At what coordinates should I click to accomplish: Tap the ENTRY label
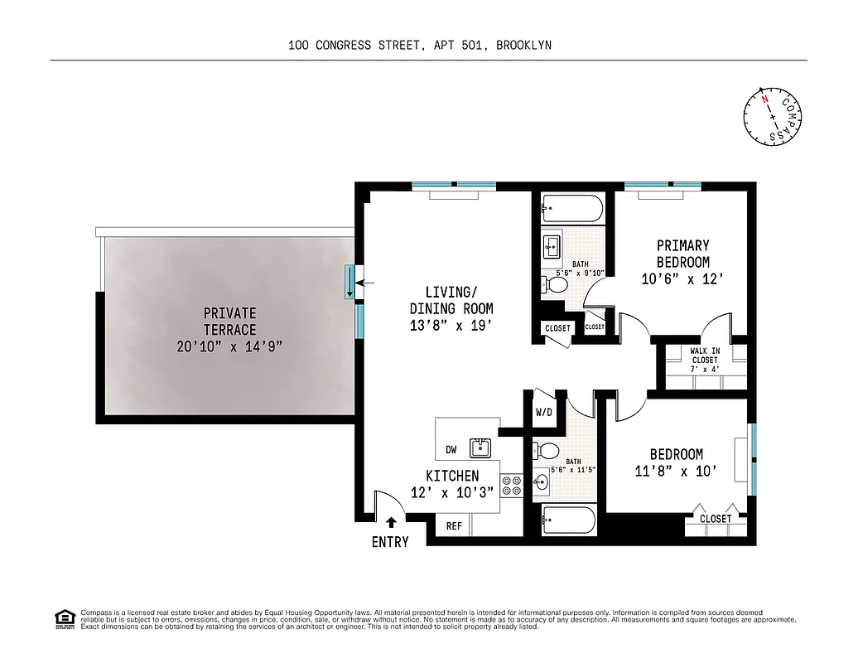(390, 542)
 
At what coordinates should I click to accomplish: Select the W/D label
(544, 412)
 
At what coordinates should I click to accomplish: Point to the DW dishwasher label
(451, 450)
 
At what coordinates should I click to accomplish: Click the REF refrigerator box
(454, 525)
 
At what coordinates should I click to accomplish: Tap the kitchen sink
(480, 448)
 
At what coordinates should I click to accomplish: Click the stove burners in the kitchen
(511, 485)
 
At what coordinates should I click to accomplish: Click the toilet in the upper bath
(556, 285)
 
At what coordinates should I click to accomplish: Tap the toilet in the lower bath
(547, 451)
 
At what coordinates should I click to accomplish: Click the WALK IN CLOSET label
(704, 356)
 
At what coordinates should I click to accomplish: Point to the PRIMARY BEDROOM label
(682, 254)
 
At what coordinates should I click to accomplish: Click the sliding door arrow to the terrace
(367, 283)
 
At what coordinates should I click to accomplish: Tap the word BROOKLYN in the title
(524, 46)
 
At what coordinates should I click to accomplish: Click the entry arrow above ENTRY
(391, 522)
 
